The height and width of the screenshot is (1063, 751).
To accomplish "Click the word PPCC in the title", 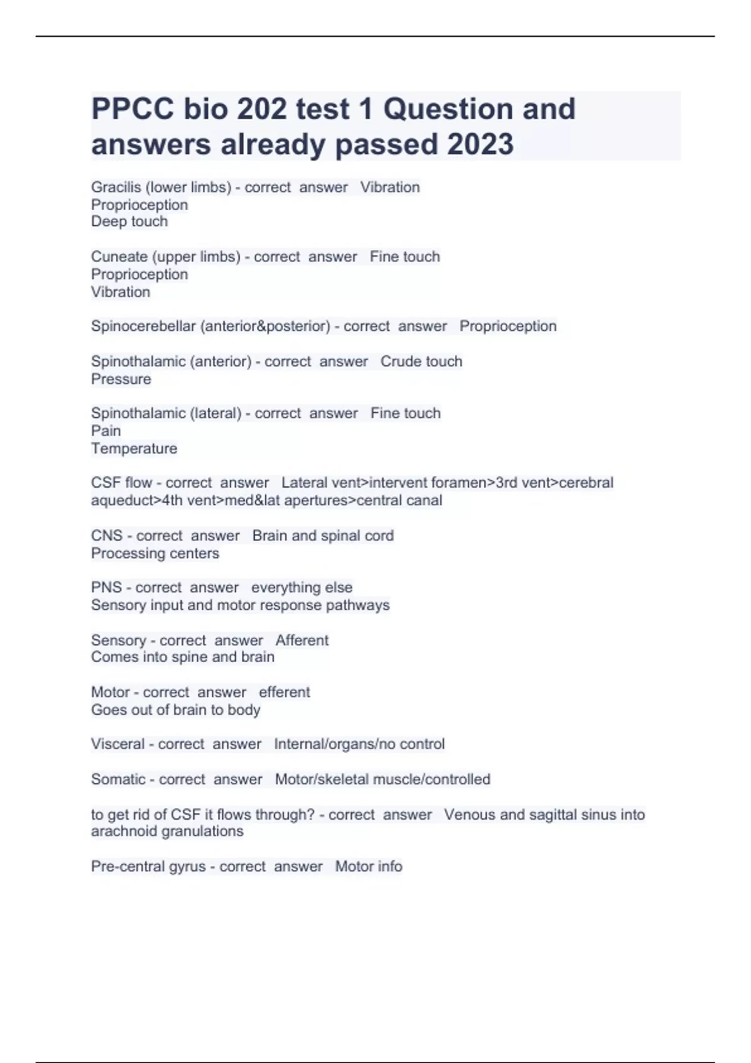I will click(x=132, y=109).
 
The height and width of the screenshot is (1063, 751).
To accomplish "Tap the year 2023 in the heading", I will click(x=480, y=144).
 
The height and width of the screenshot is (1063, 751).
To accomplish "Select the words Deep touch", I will click(x=130, y=221).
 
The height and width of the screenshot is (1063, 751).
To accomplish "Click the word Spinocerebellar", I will click(x=143, y=326).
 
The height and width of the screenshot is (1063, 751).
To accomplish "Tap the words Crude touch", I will click(x=421, y=361).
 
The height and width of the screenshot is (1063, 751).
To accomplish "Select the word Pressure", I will click(x=121, y=379).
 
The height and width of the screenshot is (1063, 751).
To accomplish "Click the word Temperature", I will click(x=134, y=448).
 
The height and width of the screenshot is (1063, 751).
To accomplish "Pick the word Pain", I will click(x=106, y=431).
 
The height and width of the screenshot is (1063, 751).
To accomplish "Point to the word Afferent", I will click(x=302, y=640).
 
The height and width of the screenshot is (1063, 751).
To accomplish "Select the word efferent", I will click(x=284, y=692).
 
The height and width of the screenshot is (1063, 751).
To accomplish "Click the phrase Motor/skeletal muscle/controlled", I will click(x=382, y=779).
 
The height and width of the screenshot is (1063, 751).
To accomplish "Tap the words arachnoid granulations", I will click(x=167, y=831).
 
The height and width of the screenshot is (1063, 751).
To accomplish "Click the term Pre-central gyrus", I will click(x=148, y=866).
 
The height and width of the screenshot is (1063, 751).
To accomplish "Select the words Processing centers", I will click(x=155, y=553).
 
